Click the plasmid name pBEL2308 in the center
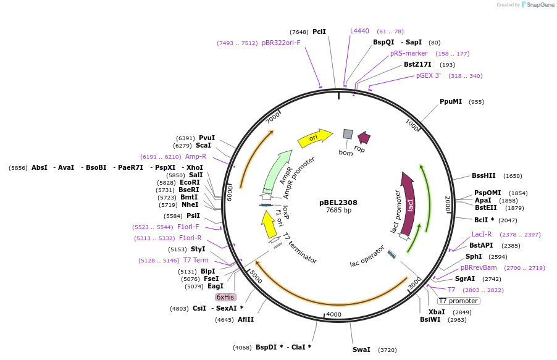[x=338, y=202]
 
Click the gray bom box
[x=348, y=134]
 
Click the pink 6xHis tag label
[x=225, y=297]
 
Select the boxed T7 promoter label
[x=459, y=301]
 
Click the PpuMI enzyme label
[x=451, y=101]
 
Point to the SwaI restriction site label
[x=361, y=350]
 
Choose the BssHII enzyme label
[x=484, y=176]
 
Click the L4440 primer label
[x=359, y=31]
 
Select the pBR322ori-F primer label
[x=281, y=43]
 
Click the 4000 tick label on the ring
[x=333, y=314]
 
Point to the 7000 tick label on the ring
[x=274, y=117]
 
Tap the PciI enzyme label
[x=319, y=31]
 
